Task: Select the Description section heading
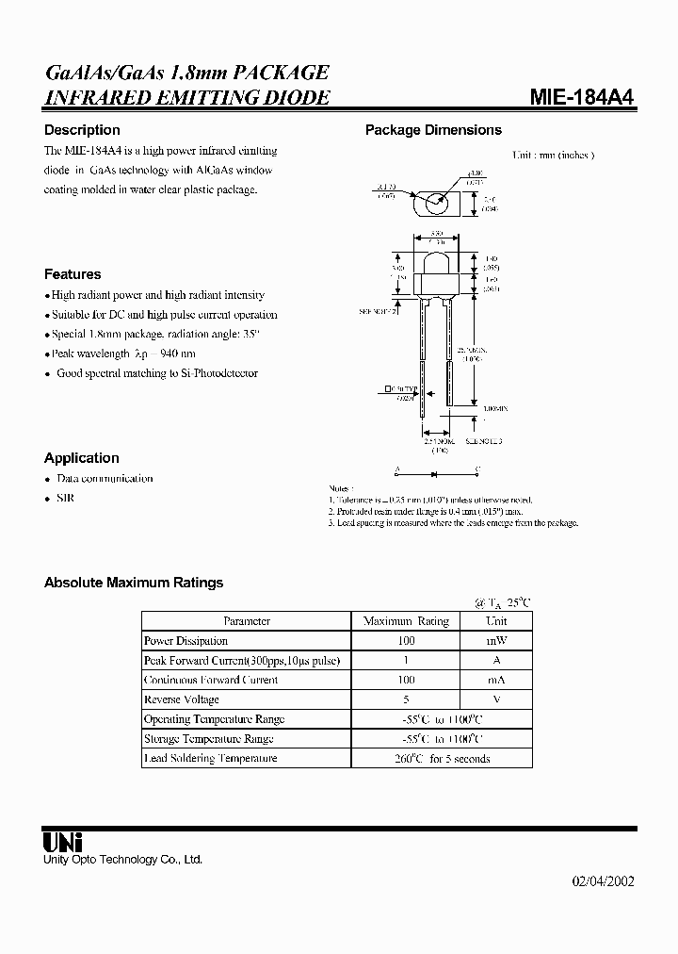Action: tap(82, 130)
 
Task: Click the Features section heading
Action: tap(73, 274)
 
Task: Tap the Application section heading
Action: tap(82, 458)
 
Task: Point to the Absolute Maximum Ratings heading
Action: tap(134, 583)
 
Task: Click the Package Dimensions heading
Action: tap(433, 130)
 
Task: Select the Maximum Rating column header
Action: tap(406, 621)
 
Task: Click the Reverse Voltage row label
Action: tap(182, 699)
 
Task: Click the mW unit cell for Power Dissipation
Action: tap(496, 641)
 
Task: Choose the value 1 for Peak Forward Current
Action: tap(406, 661)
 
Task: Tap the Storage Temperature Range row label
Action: tap(208, 739)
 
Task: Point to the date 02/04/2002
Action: tap(604, 881)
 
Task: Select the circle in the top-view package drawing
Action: tap(435, 201)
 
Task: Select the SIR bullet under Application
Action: tap(65, 498)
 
